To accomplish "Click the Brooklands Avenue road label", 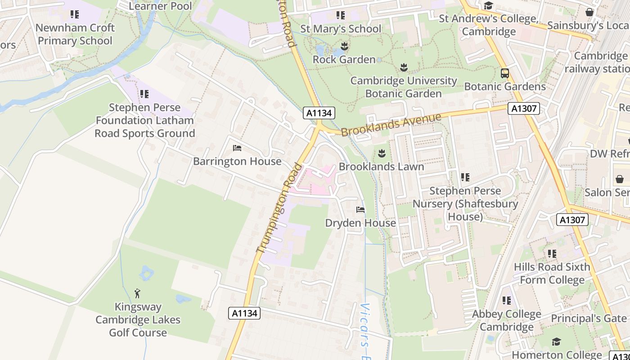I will pos(391,125).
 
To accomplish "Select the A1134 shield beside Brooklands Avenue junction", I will pos(319,113).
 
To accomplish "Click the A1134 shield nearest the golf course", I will pos(244,313).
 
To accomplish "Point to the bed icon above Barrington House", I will pos(237,148).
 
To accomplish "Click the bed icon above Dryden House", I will pos(360,210).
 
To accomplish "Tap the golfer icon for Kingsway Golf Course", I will pos(137,294).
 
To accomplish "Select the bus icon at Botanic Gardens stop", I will pos(505,73).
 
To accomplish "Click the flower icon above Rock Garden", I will pos(344,46).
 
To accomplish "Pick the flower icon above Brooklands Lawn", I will pos(382,153).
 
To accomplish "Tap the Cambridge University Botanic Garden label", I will pos(403,87).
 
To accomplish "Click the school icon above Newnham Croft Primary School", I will pos(75,14).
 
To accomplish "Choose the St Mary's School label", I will pos(341,28).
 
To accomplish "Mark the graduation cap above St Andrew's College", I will pos(488,6).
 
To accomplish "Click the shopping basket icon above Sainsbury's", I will pos(589,12).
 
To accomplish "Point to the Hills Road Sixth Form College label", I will pos(552,273).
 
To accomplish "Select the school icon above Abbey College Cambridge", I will pos(507,301).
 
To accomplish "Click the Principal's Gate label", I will pos(589,318).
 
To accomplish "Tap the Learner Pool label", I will pos(160,6).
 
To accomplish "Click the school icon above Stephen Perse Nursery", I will pos(465,177).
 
